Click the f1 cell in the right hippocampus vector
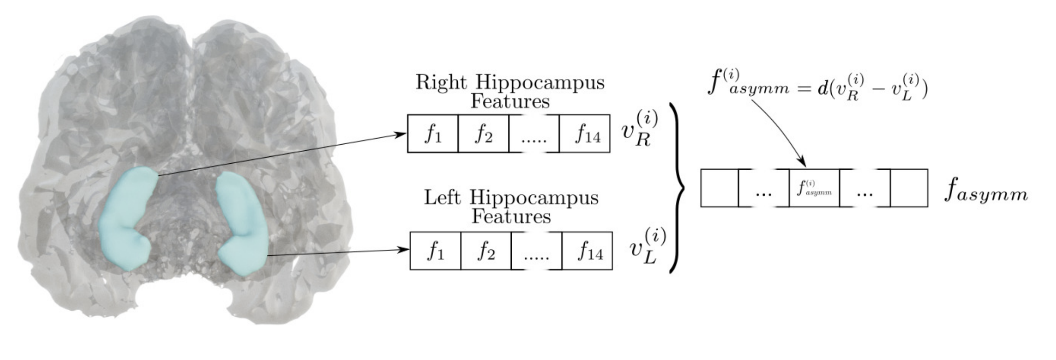click(x=433, y=134)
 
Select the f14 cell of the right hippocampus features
click(x=584, y=134)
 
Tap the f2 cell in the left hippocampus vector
click(x=486, y=251)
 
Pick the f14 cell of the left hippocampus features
click(x=587, y=251)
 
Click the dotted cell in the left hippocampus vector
click(x=536, y=251)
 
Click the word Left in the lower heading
click(x=442, y=198)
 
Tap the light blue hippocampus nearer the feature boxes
click(x=242, y=223)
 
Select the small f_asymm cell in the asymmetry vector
click(x=814, y=188)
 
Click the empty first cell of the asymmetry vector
click(x=719, y=188)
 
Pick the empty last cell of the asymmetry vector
click(x=909, y=188)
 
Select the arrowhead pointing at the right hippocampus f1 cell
click(x=401, y=134)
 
